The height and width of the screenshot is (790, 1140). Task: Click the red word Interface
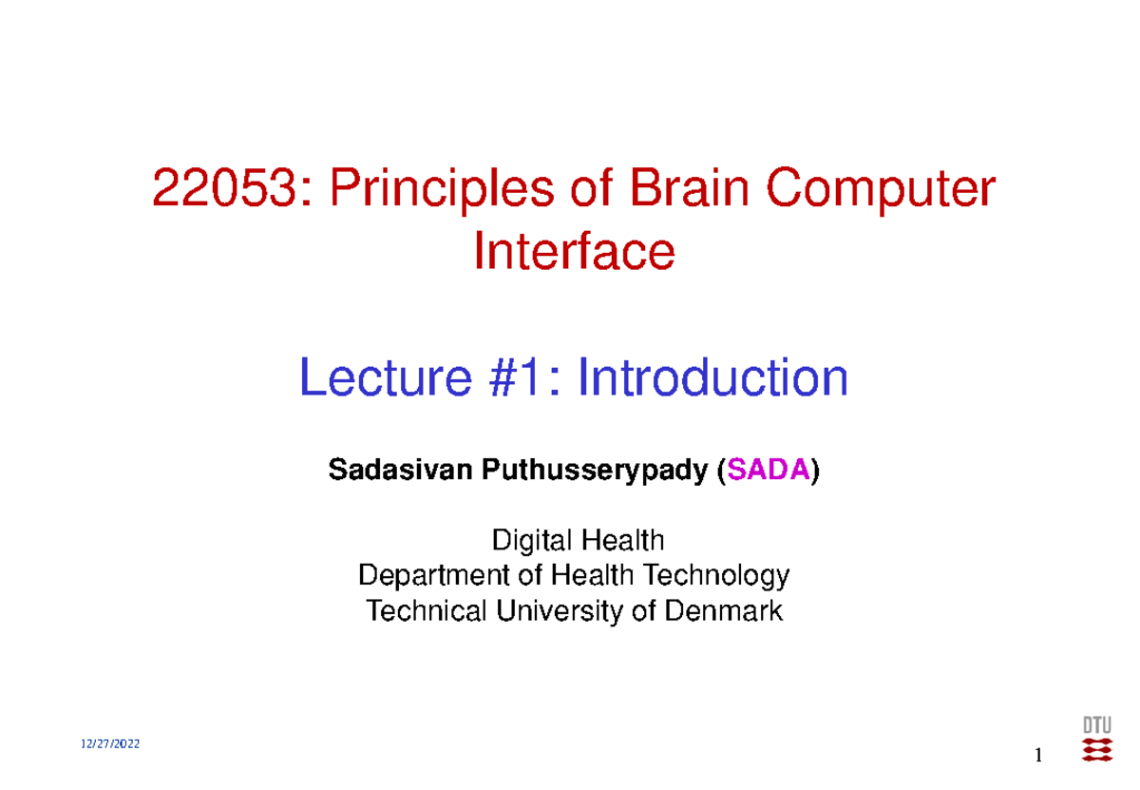point(574,252)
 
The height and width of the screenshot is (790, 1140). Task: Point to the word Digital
point(523,542)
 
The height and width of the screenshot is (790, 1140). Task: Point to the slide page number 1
point(1039,756)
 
